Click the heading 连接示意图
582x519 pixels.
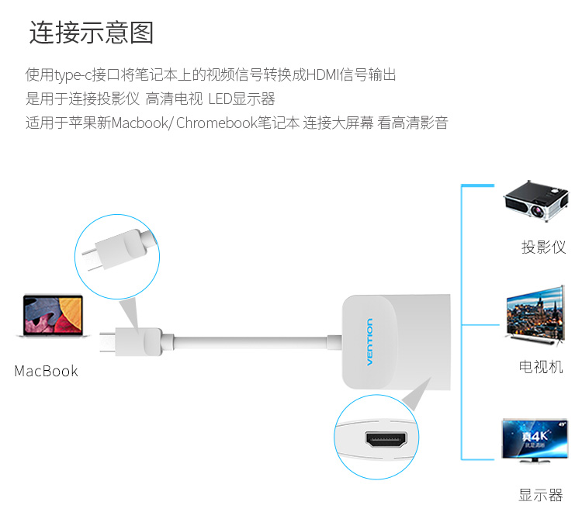tap(92, 33)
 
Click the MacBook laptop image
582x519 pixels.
tap(53, 317)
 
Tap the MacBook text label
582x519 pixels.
tap(47, 372)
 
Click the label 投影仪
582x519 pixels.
tap(543, 247)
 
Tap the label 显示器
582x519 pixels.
tap(541, 494)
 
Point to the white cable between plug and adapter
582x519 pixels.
tap(248, 341)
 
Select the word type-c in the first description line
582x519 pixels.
tap(73, 75)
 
